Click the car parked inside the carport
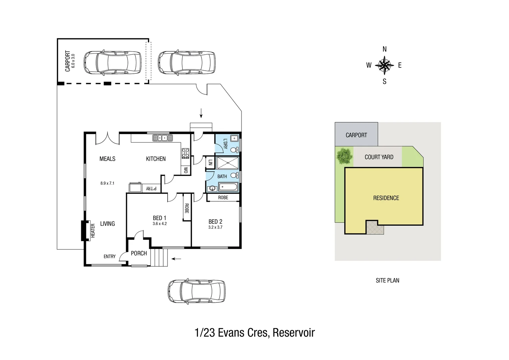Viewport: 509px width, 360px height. [x=112, y=62]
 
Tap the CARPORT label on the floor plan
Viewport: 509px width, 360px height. [x=68, y=61]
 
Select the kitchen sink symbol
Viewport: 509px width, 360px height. [x=163, y=138]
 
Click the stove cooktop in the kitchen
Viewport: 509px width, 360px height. [x=186, y=153]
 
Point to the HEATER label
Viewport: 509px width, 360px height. [x=93, y=230]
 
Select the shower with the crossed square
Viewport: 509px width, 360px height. [x=227, y=163]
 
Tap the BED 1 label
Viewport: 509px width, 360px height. [x=159, y=218]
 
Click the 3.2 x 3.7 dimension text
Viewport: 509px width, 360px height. [x=215, y=227]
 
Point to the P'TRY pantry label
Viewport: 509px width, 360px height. [x=151, y=189]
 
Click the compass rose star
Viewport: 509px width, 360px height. [x=384, y=65]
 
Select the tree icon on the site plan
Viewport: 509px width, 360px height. [x=344, y=156]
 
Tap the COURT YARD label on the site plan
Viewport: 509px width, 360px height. [x=379, y=157]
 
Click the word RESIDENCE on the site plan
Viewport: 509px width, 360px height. [x=386, y=198]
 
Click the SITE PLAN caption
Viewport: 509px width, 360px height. [x=387, y=281]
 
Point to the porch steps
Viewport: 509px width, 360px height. [x=159, y=258]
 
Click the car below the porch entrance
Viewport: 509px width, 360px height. [x=196, y=291]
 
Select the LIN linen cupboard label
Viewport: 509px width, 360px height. [x=210, y=163]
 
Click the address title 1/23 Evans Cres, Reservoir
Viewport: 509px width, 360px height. [x=254, y=333]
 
